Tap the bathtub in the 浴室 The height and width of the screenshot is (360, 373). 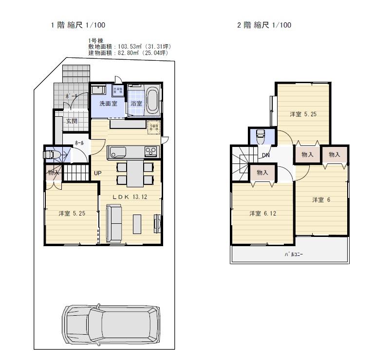[152, 100]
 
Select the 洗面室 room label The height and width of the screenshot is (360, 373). [108, 104]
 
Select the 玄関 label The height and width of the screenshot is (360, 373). [71, 121]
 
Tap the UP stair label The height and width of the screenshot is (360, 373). [97, 173]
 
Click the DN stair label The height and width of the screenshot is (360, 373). [266, 155]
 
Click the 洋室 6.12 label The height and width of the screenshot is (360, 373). [263, 213]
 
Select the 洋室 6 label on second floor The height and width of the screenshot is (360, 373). [321, 199]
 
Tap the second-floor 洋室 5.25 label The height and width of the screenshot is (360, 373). [303, 114]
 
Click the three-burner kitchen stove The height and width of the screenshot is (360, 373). [151, 152]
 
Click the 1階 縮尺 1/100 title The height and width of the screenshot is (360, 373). [78, 25]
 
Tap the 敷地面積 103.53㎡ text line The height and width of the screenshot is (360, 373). [129, 47]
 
